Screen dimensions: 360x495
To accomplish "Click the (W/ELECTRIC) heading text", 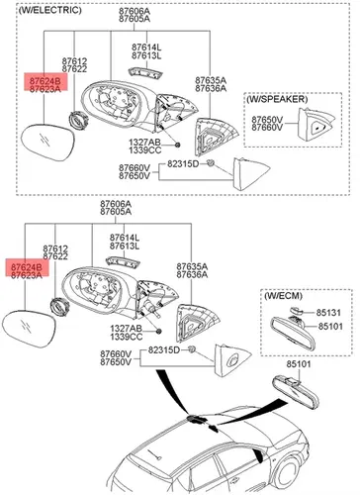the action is [49, 10].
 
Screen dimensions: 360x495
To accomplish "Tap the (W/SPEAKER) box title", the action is [277, 99].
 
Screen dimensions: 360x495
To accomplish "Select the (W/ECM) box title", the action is [283, 296].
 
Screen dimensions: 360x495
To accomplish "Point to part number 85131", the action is [328, 312].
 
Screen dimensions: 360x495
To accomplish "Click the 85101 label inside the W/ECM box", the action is [330, 327].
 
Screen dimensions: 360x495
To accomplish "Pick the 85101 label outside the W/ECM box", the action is [299, 364].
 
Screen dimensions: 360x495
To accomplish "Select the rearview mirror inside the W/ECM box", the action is [293, 333].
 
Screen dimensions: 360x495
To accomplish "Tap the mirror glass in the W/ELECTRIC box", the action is [47, 142].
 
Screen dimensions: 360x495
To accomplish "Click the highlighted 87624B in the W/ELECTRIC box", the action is [45, 81].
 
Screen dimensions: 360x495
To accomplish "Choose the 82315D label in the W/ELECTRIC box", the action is [183, 164].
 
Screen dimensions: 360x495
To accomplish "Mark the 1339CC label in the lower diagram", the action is [127, 337].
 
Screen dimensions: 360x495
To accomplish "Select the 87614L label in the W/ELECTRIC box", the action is [146, 48].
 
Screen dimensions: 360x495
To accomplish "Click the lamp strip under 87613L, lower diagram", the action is [123, 261].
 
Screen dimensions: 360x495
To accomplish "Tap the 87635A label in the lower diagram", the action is [192, 266].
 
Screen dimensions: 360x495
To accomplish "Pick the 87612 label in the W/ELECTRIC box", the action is [74, 61].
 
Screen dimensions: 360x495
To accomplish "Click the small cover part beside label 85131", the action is [296, 310].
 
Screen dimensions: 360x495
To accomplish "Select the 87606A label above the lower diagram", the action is [116, 204].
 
